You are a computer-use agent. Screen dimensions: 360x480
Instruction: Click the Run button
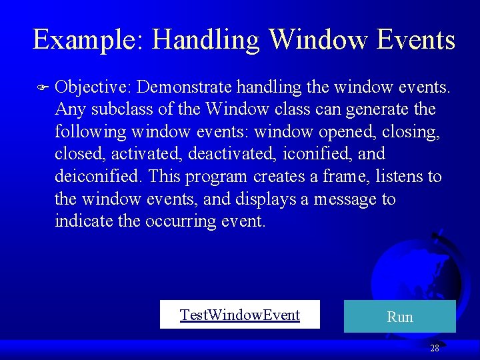[399, 317]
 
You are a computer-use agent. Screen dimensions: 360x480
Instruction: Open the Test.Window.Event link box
[240, 315]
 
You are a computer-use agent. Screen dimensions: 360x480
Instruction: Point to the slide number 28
[435, 348]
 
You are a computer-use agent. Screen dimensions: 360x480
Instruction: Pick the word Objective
[93, 87]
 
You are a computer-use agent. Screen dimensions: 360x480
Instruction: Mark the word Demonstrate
[183, 87]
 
